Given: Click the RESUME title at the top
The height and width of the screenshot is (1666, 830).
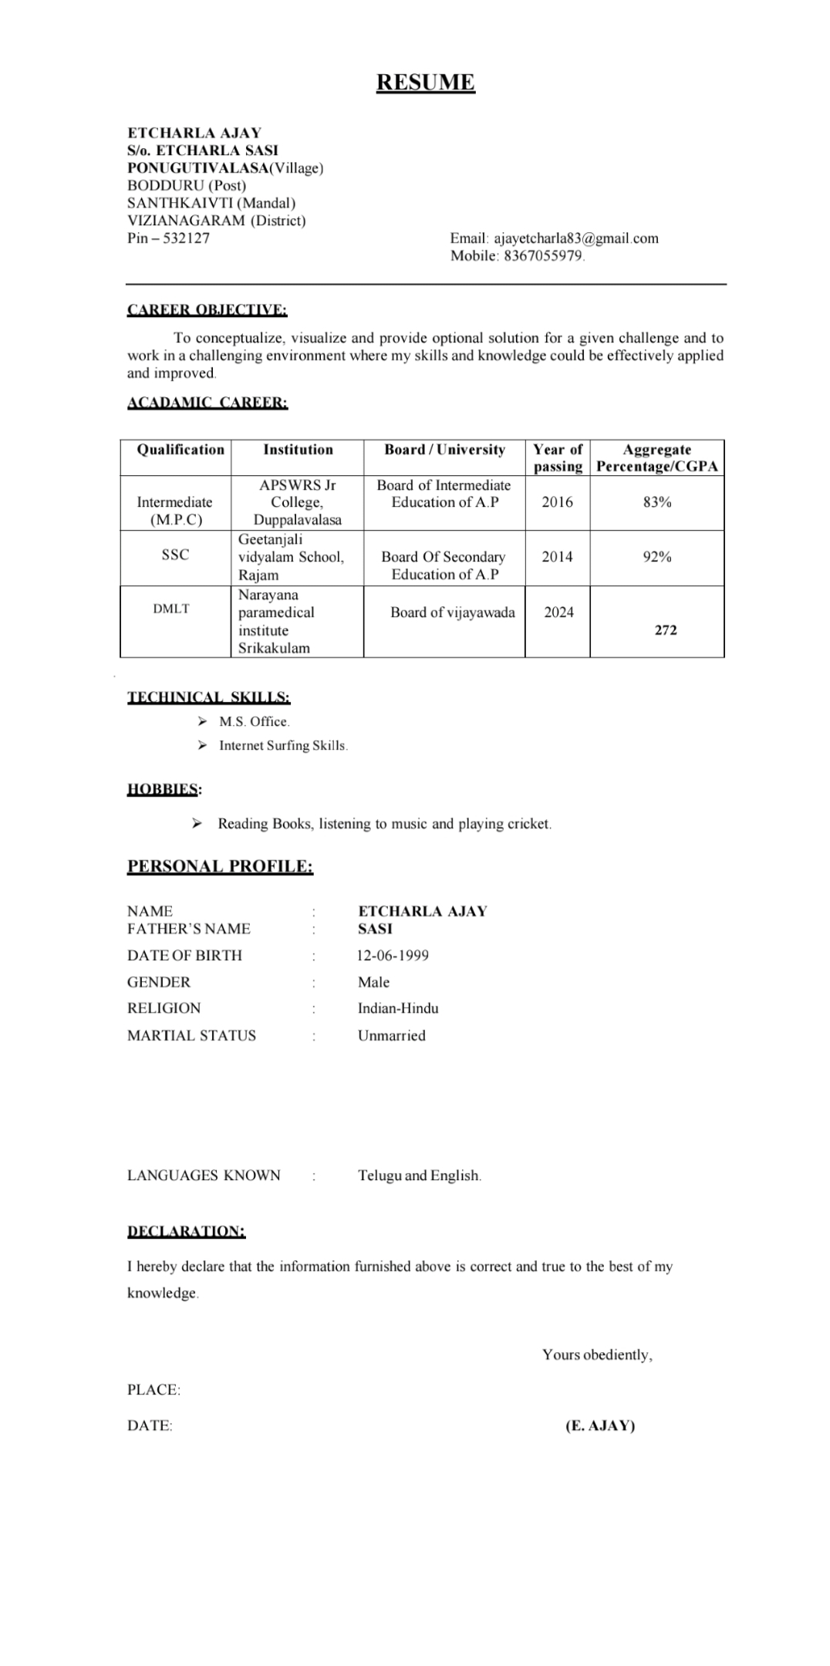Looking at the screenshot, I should [x=425, y=83].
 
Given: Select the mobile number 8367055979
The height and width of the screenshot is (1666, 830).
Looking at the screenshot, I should [x=543, y=256].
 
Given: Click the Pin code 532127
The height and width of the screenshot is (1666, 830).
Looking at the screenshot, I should [x=186, y=238].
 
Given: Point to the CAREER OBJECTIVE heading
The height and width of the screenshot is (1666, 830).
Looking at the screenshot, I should [x=207, y=310].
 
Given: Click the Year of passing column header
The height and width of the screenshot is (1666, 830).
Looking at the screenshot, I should [x=557, y=457].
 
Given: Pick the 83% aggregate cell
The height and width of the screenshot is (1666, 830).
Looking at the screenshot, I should [x=656, y=502].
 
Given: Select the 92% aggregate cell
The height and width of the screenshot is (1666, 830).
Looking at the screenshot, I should [x=656, y=557].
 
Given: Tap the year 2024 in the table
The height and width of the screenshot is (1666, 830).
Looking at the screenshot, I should [x=558, y=612].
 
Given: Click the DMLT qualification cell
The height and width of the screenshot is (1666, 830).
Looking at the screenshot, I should [x=171, y=609].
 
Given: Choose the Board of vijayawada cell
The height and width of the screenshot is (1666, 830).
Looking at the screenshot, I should [x=452, y=612].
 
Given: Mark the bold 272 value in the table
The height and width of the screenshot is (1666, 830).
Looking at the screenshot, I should [x=665, y=630].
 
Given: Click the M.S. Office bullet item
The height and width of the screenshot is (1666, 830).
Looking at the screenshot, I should [x=254, y=722].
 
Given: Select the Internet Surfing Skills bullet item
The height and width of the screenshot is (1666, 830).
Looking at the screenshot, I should [x=282, y=746].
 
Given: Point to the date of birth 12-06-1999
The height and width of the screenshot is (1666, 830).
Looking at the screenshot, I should [x=393, y=956].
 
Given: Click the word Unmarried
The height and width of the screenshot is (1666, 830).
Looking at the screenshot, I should [x=391, y=1036].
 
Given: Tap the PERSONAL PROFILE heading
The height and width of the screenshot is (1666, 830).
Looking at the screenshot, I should [x=220, y=867].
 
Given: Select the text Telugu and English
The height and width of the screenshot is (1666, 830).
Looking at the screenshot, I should [x=419, y=1175].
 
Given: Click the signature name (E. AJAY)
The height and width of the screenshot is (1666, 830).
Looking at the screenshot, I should [x=599, y=1425].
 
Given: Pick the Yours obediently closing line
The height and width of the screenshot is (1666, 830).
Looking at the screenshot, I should [x=597, y=1354].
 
